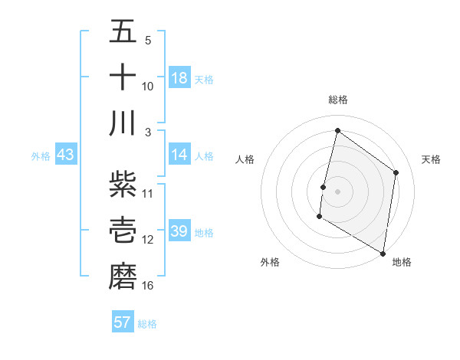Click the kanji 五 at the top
coord(123,32)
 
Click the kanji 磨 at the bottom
coord(123,275)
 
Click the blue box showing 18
coord(179,78)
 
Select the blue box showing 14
coord(179,155)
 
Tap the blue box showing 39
coord(179,231)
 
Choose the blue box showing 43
coord(65,155)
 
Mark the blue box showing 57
coord(123,322)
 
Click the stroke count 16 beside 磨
coord(148,286)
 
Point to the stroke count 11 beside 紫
coord(148,193)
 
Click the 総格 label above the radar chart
coord(338,100)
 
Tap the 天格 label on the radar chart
coord(431,159)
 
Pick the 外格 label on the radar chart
coord(270,263)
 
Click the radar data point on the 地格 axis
coord(383,253)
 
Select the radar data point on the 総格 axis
coord(337,130)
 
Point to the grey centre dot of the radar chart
coord(337,191)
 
